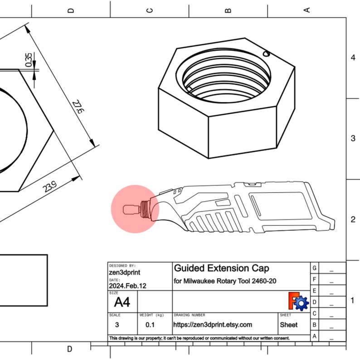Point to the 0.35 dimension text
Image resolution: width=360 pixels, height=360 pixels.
[x=29, y=60]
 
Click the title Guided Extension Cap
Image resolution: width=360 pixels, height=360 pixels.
[x=221, y=268]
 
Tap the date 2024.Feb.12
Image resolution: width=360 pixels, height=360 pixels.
[x=128, y=286]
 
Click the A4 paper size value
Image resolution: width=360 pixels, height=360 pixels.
[x=122, y=302]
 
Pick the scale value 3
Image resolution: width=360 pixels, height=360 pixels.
[x=117, y=325]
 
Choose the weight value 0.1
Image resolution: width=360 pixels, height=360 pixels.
[x=150, y=325]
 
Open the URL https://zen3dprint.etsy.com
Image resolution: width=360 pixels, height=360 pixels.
[x=213, y=325]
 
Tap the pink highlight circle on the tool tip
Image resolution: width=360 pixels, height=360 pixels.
[x=135, y=209]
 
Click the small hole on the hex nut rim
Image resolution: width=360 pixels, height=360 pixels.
[x=266, y=53]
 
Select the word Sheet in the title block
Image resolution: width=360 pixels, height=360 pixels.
[x=289, y=325]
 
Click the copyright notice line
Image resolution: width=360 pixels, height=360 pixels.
[x=199, y=338]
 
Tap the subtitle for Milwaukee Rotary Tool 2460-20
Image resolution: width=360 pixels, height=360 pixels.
[x=225, y=282]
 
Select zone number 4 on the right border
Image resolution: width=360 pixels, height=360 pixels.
[x=353, y=58]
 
